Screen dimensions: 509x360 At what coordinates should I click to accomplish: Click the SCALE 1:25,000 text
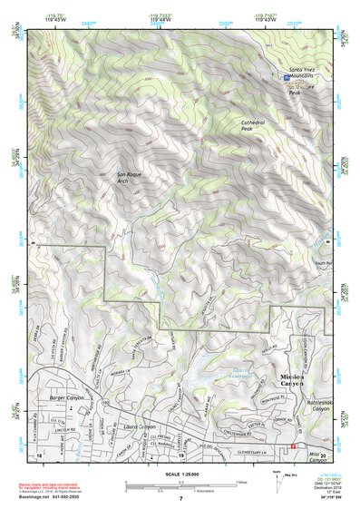[x=180, y=474]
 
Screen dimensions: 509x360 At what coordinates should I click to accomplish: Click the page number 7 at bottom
[x=180, y=498]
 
